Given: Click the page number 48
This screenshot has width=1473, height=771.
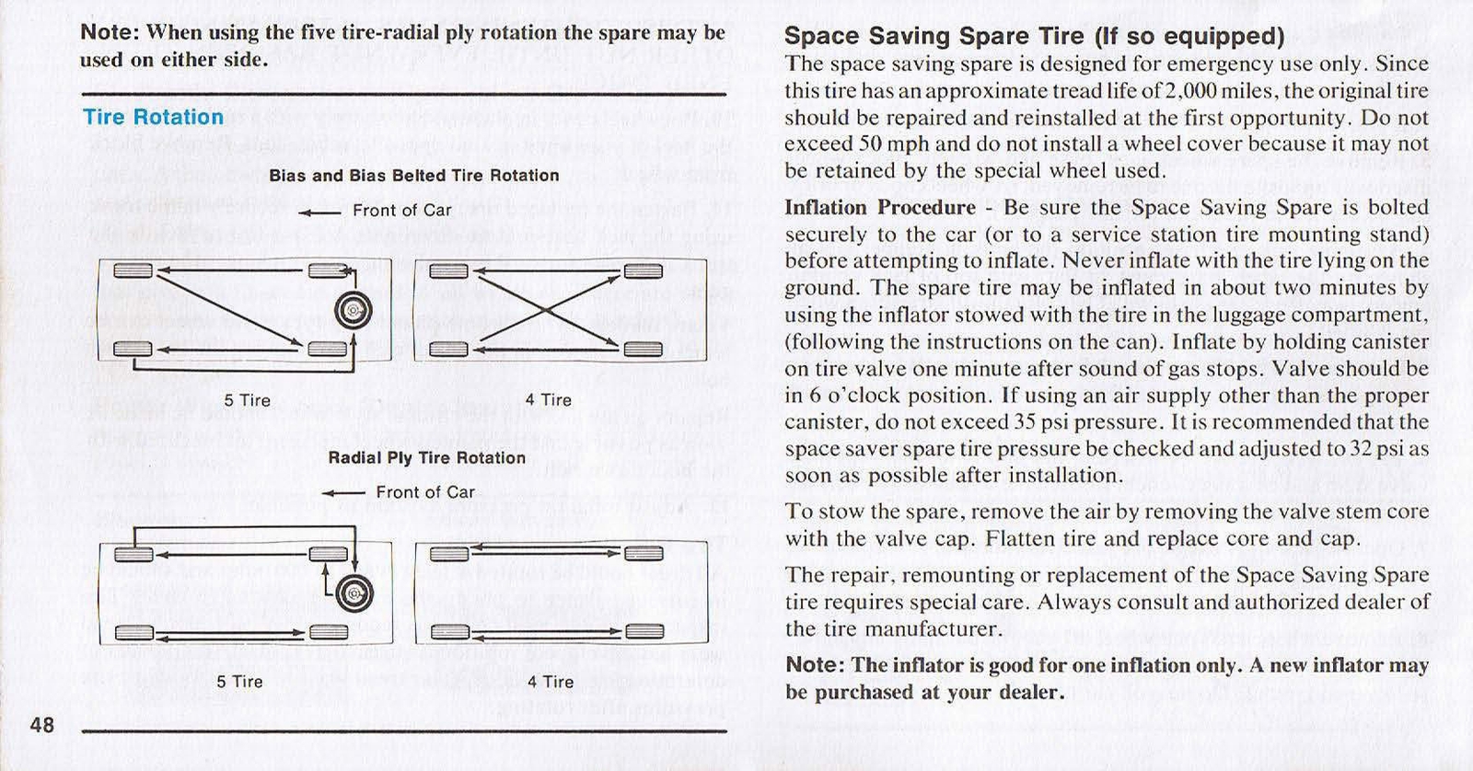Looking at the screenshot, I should (x=42, y=725).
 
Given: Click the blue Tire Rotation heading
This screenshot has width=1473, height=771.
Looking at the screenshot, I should (x=153, y=118).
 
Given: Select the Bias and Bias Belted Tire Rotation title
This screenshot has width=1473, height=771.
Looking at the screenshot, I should (x=413, y=176).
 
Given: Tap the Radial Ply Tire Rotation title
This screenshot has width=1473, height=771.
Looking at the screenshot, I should (x=426, y=458).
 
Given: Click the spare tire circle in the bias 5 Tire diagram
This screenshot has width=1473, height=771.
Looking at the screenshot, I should (x=353, y=312).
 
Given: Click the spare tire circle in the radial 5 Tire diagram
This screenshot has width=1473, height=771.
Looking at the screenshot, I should (x=354, y=593).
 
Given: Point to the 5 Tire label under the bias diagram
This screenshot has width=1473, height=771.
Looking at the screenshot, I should (x=247, y=401).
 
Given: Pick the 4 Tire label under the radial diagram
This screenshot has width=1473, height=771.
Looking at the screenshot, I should (x=550, y=683).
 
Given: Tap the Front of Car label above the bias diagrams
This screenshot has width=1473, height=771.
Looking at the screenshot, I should (x=402, y=211).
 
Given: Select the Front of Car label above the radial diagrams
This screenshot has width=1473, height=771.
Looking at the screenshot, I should (x=424, y=493).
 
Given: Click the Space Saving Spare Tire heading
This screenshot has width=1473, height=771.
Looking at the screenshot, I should (x=1033, y=36).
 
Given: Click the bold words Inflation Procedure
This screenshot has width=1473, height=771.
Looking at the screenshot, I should (x=879, y=208).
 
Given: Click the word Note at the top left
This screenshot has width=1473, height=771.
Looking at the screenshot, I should (x=110, y=33).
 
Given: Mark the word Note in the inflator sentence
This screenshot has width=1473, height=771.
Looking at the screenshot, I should (x=814, y=665).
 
